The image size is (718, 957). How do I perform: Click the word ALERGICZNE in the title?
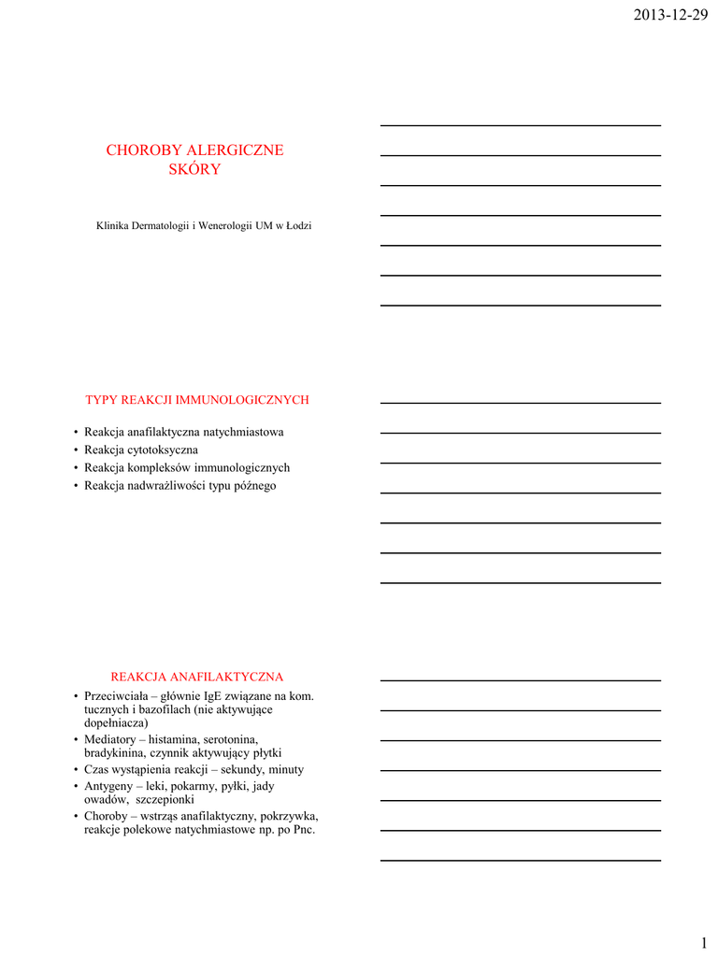pos(236,150)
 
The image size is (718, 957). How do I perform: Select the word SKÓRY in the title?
pos(194,169)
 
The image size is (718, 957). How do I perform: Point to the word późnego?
pos(255,485)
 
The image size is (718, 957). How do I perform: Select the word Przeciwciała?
pos(117,695)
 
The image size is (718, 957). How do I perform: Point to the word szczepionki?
pos(164,800)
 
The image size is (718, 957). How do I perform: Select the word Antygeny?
pos(109,786)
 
